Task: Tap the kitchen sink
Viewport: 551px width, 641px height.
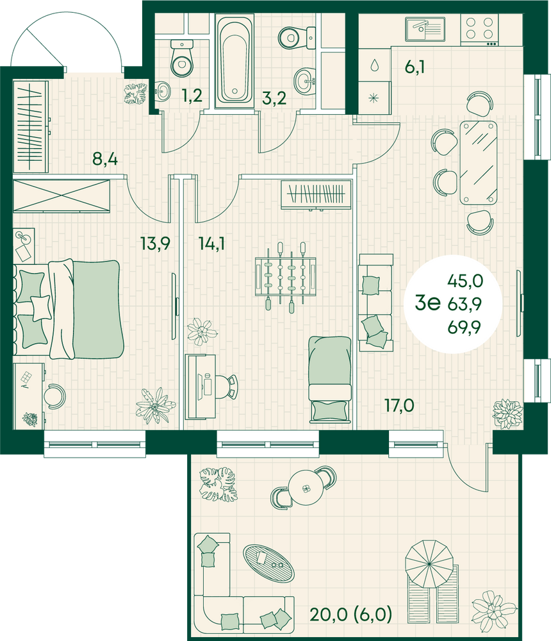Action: click(425, 29)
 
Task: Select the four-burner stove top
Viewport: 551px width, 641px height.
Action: click(479, 30)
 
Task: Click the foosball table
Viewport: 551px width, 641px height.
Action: click(286, 276)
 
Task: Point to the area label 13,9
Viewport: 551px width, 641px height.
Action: click(155, 244)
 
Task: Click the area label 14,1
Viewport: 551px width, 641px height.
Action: click(211, 244)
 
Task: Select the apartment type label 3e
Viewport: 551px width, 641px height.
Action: click(427, 303)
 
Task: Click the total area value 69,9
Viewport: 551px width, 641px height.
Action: click(465, 327)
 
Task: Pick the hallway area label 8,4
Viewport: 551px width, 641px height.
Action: click(104, 158)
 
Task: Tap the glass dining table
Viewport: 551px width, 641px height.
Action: click(478, 162)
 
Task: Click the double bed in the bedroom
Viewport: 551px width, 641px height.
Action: click(69, 310)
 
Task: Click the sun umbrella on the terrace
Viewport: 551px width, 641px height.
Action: click(429, 563)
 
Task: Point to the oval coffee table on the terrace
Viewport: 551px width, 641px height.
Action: click(268, 563)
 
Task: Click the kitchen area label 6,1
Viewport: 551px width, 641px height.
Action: click(415, 67)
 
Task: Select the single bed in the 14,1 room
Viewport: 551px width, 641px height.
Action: click(329, 379)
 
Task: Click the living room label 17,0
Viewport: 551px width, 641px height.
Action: click(399, 405)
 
